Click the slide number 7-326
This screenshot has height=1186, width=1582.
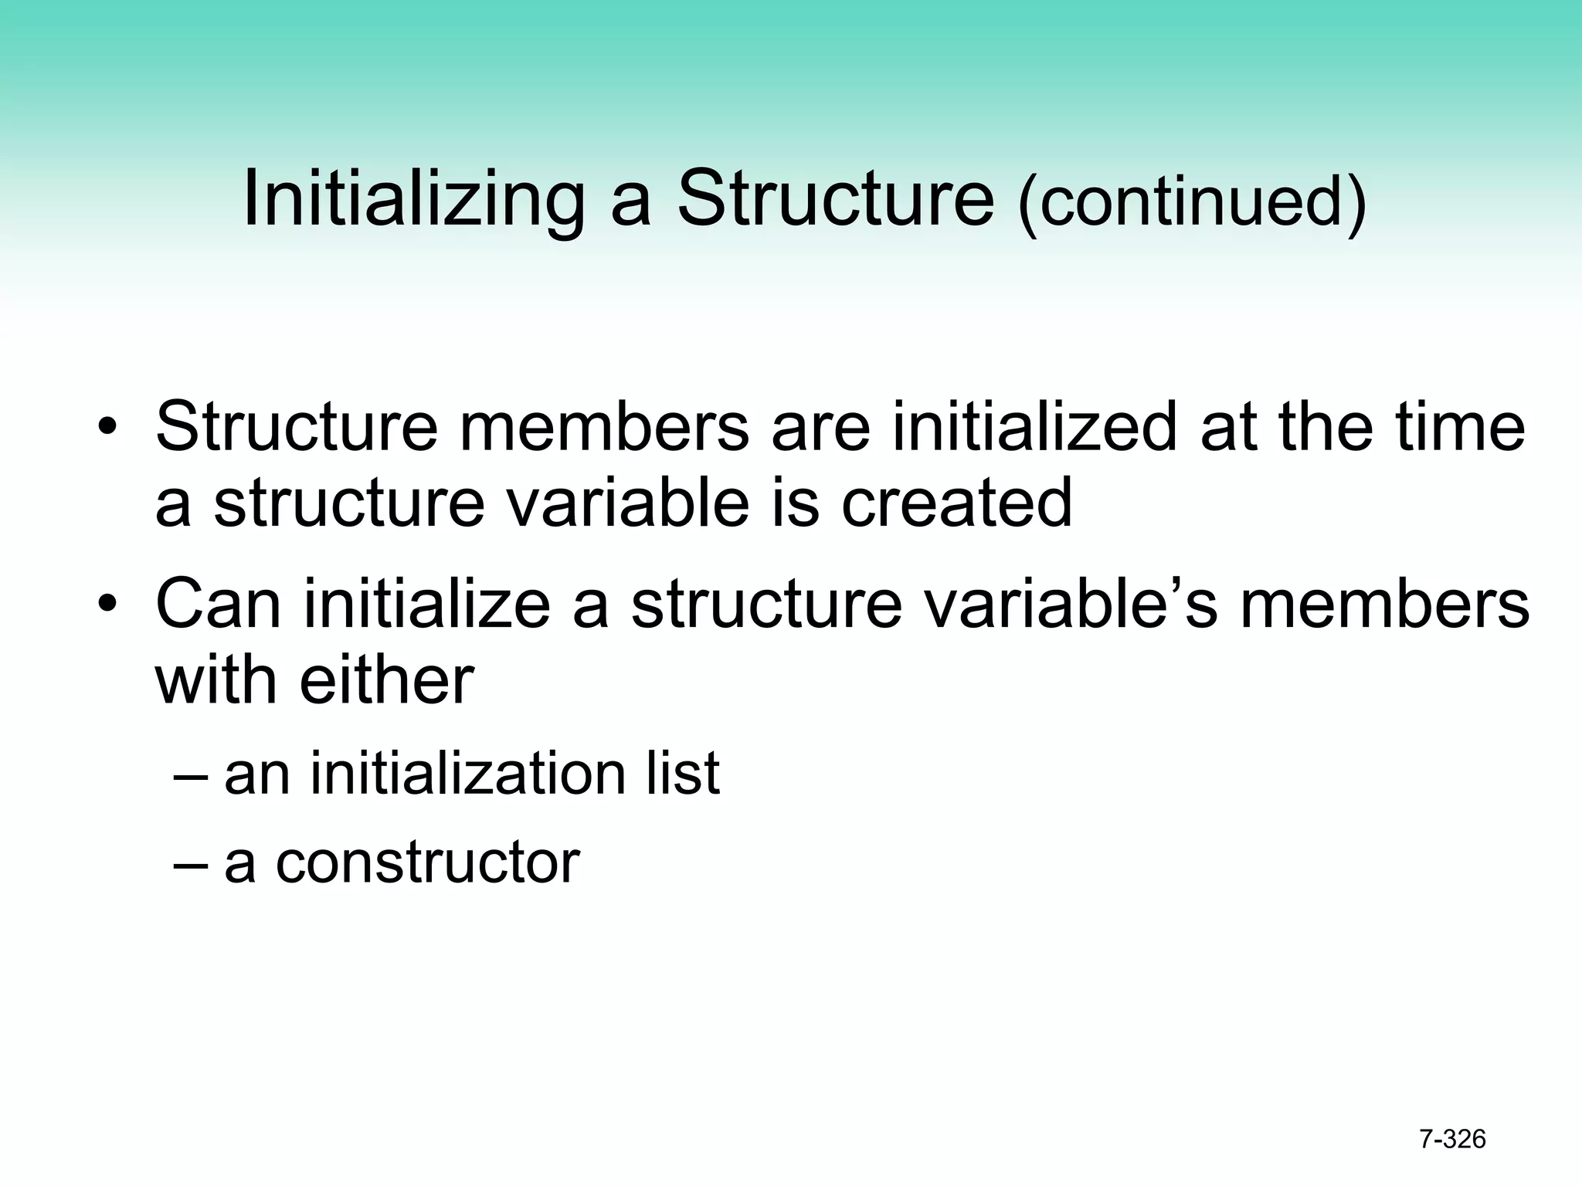[1452, 1139]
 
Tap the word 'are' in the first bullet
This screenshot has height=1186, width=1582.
[821, 429]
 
